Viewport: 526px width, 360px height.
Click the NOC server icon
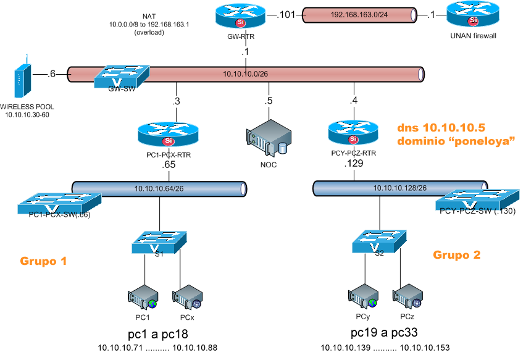(269, 140)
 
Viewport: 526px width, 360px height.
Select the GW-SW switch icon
(121, 76)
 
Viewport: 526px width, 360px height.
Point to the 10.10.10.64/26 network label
(160, 188)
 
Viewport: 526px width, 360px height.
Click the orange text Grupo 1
(43, 261)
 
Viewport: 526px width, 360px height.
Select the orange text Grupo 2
(456, 254)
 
